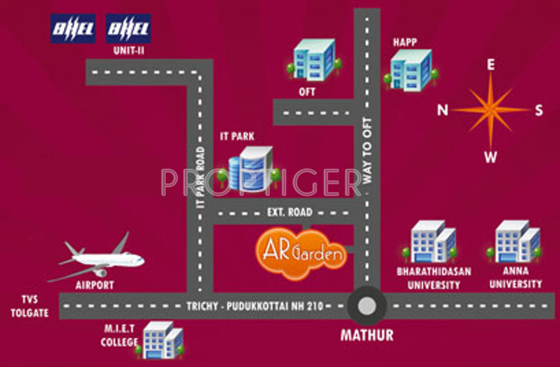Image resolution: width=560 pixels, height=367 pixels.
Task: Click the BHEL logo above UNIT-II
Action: [128, 29]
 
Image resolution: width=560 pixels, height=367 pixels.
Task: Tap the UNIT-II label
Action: [129, 50]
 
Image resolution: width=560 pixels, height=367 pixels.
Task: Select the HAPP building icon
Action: [411, 69]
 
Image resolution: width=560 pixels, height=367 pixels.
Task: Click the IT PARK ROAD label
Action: [200, 178]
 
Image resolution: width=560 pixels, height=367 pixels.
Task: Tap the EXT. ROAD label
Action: [290, 212]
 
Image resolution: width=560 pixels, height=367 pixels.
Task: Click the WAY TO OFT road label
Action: [367, 151]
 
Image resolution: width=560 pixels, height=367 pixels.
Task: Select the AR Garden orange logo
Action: [301, 254]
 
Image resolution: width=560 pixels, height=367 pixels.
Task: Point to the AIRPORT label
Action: [95, 285]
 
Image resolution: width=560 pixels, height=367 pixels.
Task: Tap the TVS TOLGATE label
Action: [30, 306]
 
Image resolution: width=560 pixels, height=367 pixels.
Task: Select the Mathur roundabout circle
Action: [367, 306]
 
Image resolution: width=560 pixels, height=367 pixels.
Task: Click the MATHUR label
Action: [367, 335]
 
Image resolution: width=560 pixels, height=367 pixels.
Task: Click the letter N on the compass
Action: [443, 110]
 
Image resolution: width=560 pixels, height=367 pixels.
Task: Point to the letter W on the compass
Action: [491, 157]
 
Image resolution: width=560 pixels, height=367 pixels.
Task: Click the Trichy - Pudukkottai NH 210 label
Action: [255, 306]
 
